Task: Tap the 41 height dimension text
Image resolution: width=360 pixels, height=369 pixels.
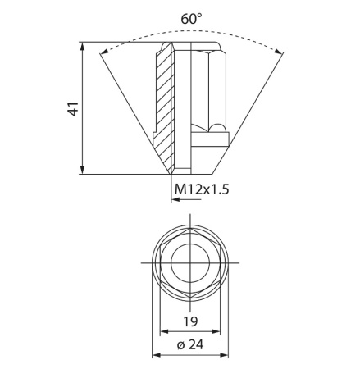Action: [x=71, y=108]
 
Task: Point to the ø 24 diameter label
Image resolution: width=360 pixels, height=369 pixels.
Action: [x=189, y=345]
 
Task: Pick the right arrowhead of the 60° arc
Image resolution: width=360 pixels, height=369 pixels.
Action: [x=282, y=54]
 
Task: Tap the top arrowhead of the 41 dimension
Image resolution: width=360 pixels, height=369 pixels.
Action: [x=84, y=46]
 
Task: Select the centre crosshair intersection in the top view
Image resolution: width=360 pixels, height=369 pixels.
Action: [x=189, y=264]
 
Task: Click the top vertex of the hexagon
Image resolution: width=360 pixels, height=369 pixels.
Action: [x=189, y=233]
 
